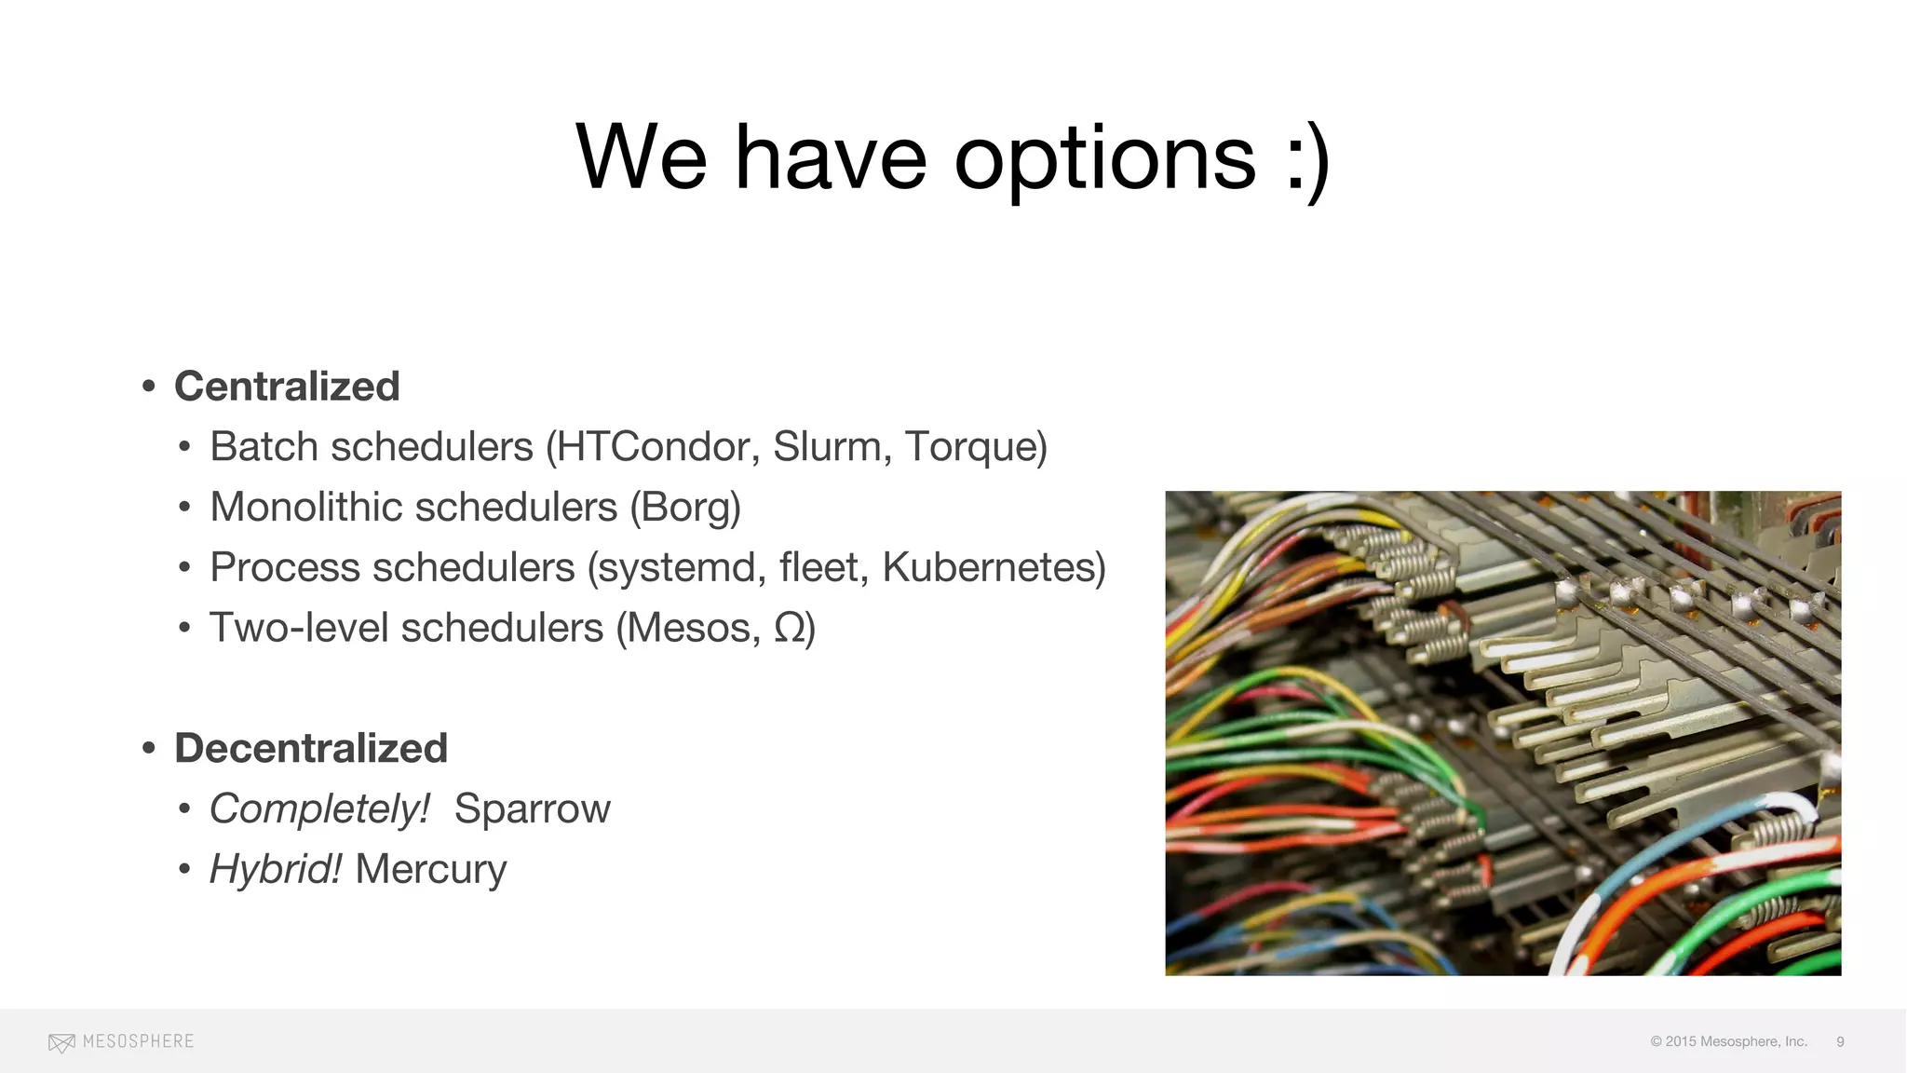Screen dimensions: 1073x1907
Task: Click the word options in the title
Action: [x=1104, y=160]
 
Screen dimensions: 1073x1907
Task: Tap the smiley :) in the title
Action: [x=1307, y=160]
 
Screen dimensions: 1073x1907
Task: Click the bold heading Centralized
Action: [x=287, y=387]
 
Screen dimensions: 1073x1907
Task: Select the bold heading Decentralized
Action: [x=311, y=748]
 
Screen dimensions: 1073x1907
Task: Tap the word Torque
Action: [x=971, y=447]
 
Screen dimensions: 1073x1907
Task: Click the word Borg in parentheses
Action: [x=686, y=508]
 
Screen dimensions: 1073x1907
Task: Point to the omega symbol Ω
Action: [x=790, y=628]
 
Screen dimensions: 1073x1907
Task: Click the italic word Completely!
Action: [x=319, y=808]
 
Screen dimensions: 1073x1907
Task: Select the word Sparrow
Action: [x=532, y=808]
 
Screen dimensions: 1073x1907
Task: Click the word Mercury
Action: [x=430, y=869]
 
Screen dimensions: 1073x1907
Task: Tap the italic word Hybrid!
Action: [x=276, y=869]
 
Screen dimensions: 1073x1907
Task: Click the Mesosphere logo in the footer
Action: [x=121, y=1041]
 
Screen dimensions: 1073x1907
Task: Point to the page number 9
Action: [x=1840, y=1041]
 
